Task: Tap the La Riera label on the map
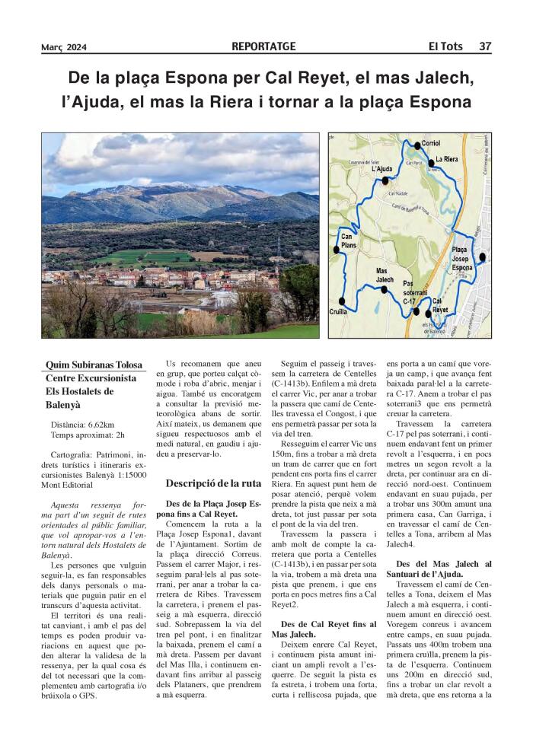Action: point(446,159)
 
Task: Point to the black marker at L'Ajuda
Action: point(386,181)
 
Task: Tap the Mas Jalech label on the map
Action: point(385,275)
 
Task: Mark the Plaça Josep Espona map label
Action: point(462,259)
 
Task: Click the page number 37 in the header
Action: point(484,47)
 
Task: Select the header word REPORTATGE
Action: point(264,47)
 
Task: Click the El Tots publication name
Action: point(445,47)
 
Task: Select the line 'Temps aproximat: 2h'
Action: point(88,435)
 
